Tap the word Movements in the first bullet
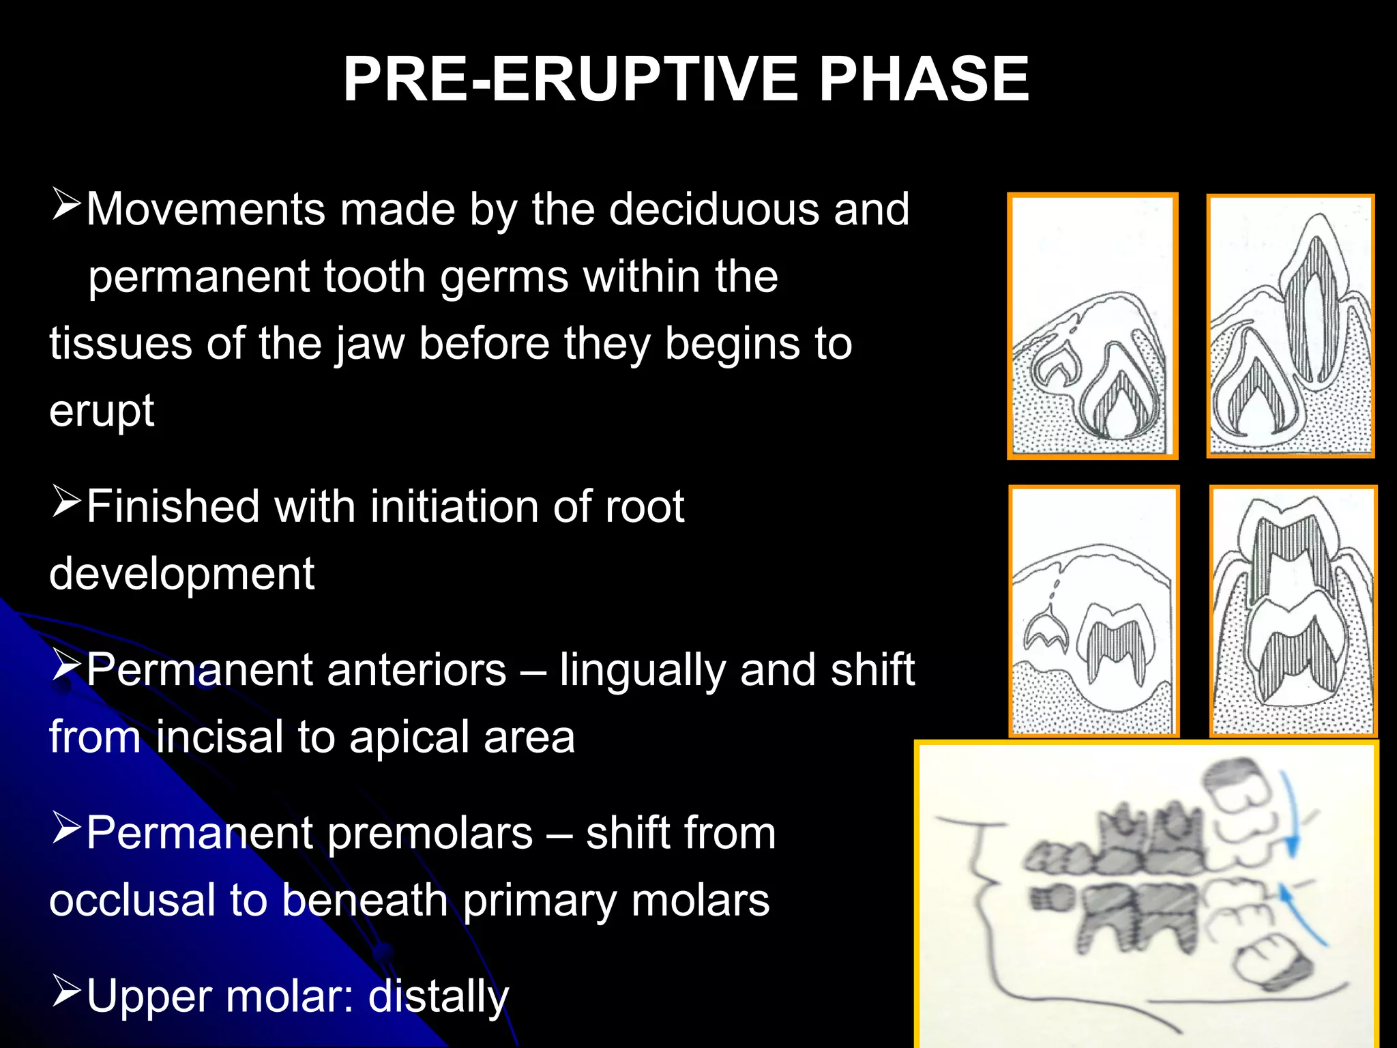click(205, 209)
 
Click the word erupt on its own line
click(102, 411)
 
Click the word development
click(181, 574)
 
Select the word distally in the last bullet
click(438, 997)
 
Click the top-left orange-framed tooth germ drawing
click(1092, 326)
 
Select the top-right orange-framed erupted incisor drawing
click(1290, 326)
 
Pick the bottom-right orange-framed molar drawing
click(1293, 611)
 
